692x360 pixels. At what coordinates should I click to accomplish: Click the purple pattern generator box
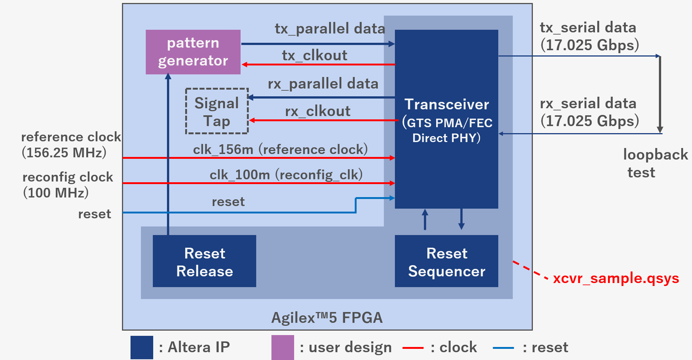(193, 52)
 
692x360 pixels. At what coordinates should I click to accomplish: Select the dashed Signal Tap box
(217, 111)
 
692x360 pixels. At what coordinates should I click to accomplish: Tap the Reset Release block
(204, 261)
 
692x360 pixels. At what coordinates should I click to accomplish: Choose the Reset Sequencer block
(446, 261)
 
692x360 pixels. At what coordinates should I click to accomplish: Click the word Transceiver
(447, 105)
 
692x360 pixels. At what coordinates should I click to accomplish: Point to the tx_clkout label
(315, 55)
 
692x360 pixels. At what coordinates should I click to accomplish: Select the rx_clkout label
(318, 111)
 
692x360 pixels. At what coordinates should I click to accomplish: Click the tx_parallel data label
(330, 29)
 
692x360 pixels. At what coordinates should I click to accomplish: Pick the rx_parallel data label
(323, 84)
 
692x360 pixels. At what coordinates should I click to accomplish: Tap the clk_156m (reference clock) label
(280, 150)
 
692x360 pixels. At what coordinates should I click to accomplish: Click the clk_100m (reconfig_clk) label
(286, 174)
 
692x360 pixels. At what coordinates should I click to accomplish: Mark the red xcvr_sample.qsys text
(616, 278)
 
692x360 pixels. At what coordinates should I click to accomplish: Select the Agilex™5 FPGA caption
(327, 318)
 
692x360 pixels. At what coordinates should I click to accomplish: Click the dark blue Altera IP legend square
(142, 347)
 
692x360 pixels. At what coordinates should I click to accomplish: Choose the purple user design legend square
(283, 347)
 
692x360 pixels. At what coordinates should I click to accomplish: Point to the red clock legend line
(413, 348)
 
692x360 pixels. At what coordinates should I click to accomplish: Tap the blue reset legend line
(503, 348)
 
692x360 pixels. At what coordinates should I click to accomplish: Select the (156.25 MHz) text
(64, 152)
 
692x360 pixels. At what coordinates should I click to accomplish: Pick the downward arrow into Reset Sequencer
(461, 219)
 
